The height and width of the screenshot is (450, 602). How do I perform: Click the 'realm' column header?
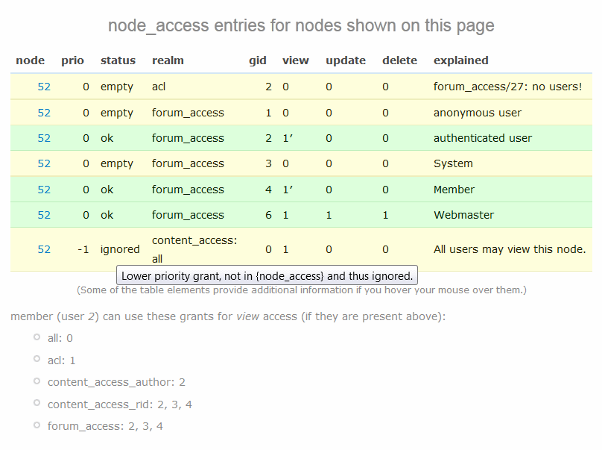pyautogui.click(x=168, y=60)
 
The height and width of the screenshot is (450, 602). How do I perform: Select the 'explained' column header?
pyautogui.click(x=460, y=60)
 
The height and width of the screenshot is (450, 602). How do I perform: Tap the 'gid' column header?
pyautogui.click(x=257, y=60)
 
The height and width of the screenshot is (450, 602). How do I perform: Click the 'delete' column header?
pyautogui.click(x=399, y=60)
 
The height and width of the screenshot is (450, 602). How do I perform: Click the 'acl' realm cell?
pyautogui.click(x=159, y=87)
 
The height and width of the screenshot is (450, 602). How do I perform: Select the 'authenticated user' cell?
pyautogui.click(x=483, y=138)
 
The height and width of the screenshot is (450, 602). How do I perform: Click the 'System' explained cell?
pyautogui.click(x=453, y=163)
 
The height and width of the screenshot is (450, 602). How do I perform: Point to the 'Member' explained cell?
pyautogui.click(x=454, y=190)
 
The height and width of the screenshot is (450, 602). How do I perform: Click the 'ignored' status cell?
pyautogui.click(x=120, y=249)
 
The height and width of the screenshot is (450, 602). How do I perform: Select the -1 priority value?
pyautogui.click(x=83, y=249)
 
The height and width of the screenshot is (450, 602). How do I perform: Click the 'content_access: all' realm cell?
pyautogui.click(x=194, y=249)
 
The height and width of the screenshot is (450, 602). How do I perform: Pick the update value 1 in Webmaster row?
pyautogui.click(x=329, y=215)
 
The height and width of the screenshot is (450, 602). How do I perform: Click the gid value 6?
pyautogui.click(x=268, y=215)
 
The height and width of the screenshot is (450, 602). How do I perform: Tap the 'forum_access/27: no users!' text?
pyautogui.click(x=507, y=87)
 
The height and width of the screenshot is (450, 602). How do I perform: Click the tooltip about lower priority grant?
pyautogui.click(x=267, y=275)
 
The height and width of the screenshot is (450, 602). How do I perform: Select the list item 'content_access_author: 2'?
pyautogui.click(x=116, y=382)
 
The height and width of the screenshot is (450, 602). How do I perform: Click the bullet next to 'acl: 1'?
pyautogui.click(x=37, y=359)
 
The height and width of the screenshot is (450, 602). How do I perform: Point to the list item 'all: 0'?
pyautogui.click(x=60, y=338)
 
